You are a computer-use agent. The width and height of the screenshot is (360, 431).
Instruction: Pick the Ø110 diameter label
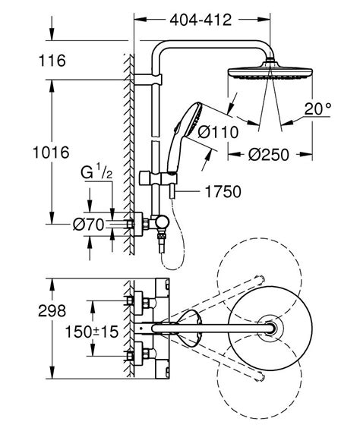[217, 132]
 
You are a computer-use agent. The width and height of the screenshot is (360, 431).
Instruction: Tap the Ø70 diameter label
[90, 225]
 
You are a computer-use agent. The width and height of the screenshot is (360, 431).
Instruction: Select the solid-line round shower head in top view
[270, 328]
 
